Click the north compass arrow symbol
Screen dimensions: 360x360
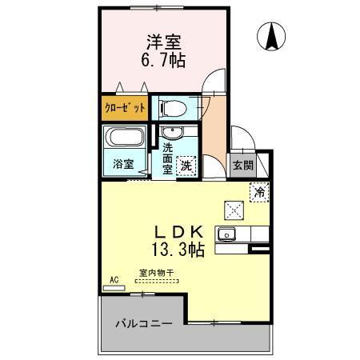[272, 34]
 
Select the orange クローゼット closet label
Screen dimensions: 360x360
[123, 107]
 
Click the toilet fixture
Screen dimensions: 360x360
[171, 107]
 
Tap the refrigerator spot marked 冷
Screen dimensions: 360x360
[258, 191]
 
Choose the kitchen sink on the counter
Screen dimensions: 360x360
[226, 234]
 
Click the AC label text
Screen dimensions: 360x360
[114, 278]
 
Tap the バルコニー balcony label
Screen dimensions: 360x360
[144, 325]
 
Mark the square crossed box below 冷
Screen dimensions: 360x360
[235, 210]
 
